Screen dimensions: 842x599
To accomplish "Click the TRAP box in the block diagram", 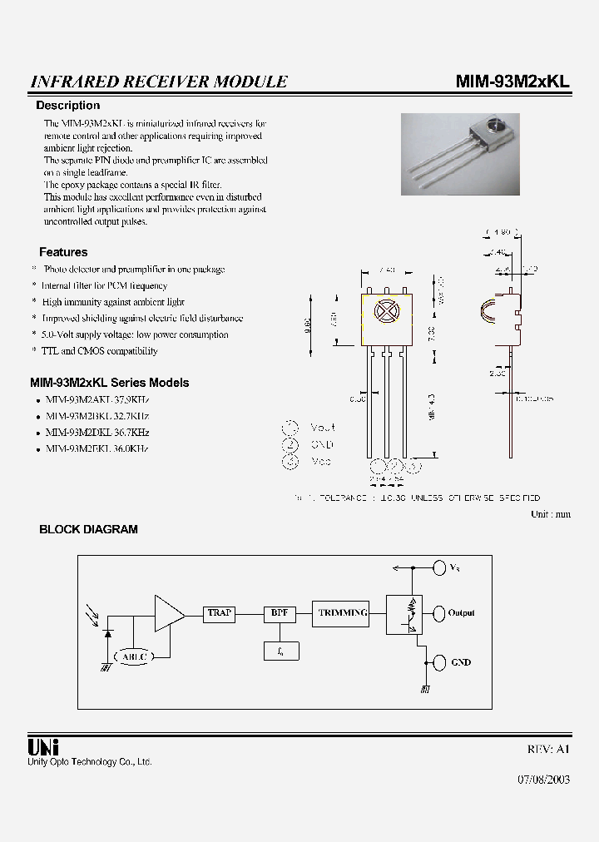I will tap(220, 613).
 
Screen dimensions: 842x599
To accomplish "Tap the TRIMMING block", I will tap(342, 613).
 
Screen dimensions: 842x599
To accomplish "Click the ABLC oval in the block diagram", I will tap(133, 656).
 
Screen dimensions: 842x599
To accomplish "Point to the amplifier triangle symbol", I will tap(169, 614).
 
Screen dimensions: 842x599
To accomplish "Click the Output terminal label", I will tap(461, 613).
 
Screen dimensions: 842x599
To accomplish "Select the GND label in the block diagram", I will tap(461, 662).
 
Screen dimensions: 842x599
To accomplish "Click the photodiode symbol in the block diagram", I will tap(107, 634).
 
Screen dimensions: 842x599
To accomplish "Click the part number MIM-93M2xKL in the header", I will tap(512, 82).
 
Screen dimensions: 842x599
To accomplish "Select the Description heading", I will tap(67, 106).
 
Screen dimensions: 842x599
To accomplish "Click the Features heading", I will tap(63, 252).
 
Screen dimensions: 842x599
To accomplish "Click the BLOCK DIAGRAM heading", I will tap(88, 529).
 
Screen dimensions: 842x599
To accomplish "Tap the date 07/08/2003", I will tap(544, 781).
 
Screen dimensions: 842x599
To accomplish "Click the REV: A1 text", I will tap(549, 749).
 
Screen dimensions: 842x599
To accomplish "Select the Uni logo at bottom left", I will tap(43, 746).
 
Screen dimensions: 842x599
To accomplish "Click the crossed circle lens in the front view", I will tap(386, 310).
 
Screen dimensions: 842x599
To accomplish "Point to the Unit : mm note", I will tap(551, 514).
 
